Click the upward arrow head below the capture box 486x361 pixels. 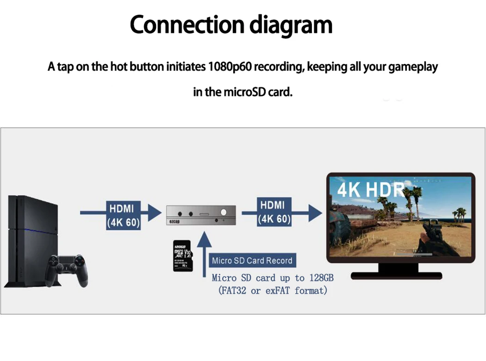[204, 241]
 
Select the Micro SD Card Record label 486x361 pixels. [252, 260]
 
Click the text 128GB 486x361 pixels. [321, 278]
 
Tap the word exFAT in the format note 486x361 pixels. [277, 291]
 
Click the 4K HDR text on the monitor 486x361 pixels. [370, 189]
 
